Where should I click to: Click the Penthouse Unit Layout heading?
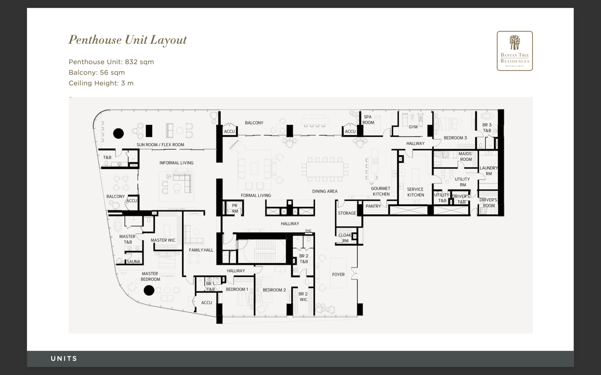127,40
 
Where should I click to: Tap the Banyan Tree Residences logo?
515,51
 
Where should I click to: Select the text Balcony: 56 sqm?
97,72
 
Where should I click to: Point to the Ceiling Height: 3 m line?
101,83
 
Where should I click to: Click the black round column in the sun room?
119,133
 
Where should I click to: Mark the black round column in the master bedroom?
149,290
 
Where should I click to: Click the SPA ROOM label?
368,120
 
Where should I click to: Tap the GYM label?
413,127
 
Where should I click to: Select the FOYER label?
338,275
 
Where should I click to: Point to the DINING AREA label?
325,191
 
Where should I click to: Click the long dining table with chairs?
325,169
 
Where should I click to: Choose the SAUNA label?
133,262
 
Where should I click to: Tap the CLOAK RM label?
345,238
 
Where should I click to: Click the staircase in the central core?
261,252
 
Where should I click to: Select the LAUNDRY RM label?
488,171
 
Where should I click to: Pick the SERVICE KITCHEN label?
415,192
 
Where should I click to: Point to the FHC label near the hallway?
308,231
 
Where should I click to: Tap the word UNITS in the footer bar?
64,359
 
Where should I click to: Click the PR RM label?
235,208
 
